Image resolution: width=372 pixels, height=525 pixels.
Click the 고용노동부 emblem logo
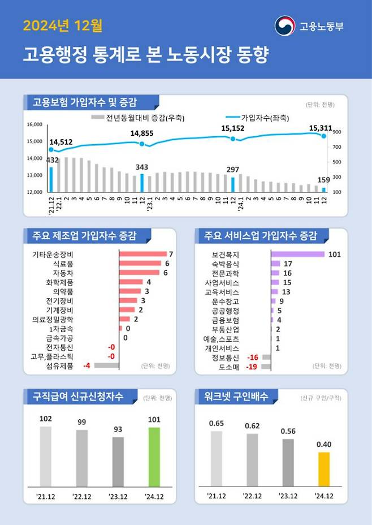[284, 26]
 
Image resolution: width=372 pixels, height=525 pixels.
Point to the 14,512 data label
[61, 142]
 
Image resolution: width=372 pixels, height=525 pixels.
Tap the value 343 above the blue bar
[142, 167]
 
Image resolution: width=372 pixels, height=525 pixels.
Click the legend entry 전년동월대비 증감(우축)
[139, 118]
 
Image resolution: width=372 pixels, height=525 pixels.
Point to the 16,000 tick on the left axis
[35, 124]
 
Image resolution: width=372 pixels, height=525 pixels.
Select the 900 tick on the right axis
[337, 132]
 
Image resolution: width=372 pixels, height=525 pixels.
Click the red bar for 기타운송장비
[142, 254]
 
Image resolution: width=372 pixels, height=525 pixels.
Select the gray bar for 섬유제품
[106, 365]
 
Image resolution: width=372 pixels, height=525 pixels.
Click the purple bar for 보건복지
[297, 254]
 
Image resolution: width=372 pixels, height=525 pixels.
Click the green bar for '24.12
[154, 457]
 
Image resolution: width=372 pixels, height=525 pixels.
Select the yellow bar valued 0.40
[323, 469]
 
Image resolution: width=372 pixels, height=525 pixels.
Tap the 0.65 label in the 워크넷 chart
[217, 423]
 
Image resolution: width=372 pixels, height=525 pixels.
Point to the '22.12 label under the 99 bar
[82, 496]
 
